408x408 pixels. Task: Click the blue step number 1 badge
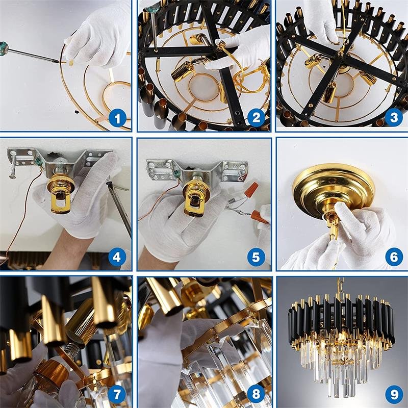(117, 118)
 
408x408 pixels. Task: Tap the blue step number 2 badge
(256, 118)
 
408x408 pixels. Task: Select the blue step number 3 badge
(394, 117)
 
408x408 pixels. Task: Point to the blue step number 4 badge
(117, 257)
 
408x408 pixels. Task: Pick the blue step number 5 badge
(256, 257)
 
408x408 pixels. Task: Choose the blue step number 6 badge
(394, 257)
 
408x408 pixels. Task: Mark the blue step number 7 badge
(117, 394)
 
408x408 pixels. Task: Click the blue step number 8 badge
(256, 394)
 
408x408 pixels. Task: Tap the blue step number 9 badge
(394, 394)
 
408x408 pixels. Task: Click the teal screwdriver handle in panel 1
(4, 48)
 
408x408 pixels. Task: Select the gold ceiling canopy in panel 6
(334, 190)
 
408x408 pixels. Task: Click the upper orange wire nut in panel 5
(252, 190)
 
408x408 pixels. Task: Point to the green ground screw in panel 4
(39, 162)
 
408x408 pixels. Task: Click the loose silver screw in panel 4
(13, 169)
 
